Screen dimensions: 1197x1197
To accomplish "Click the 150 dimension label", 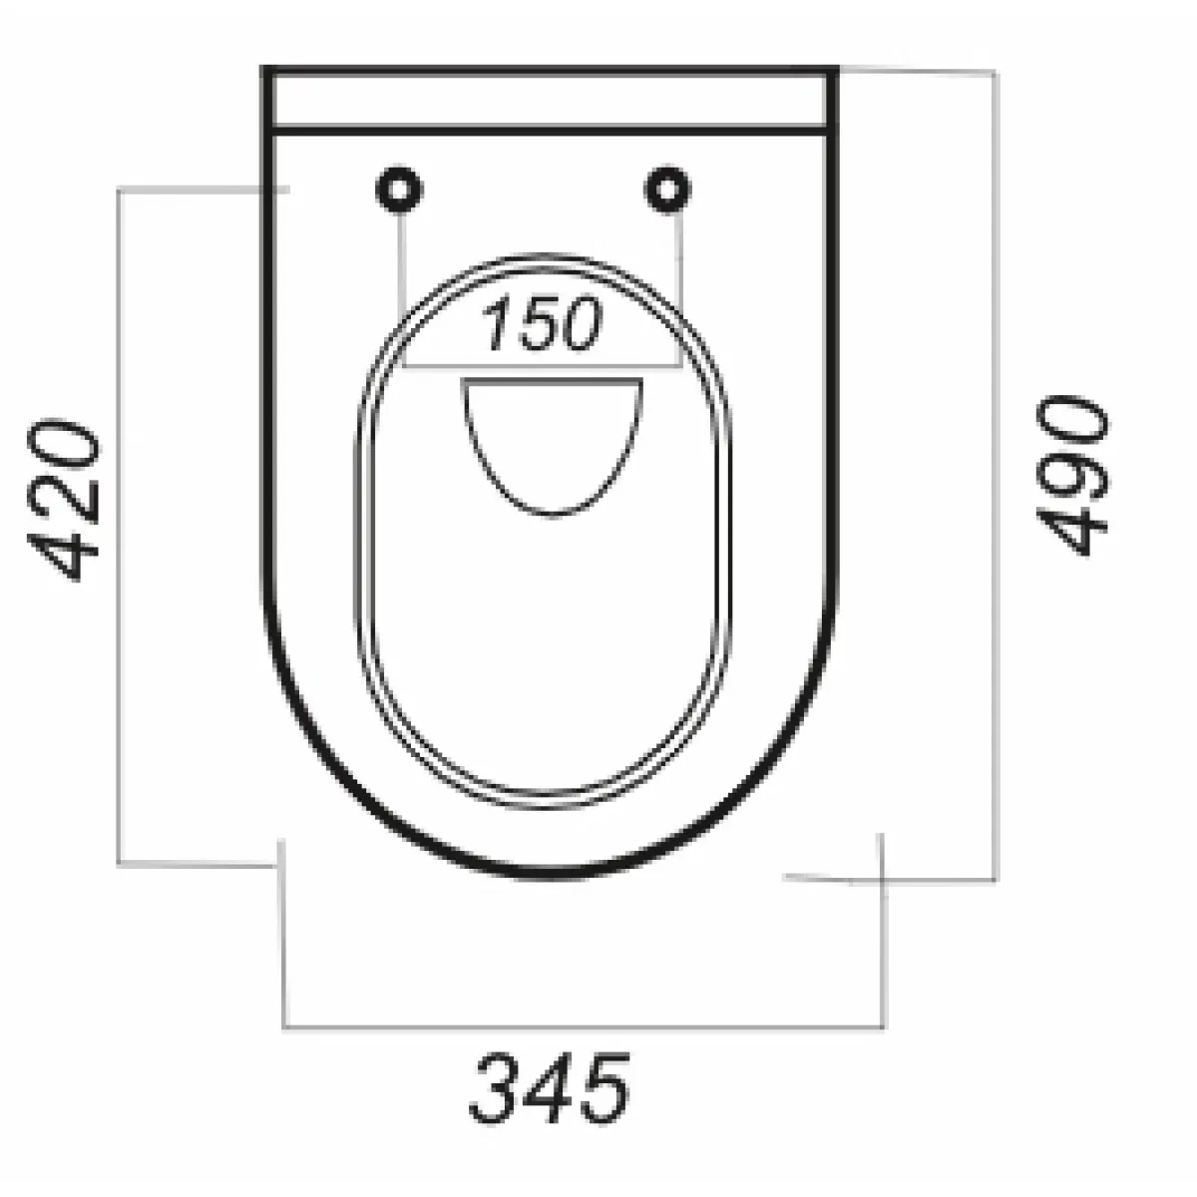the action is (x=542, y=323).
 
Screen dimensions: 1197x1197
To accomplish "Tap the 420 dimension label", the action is (x=63, y=500).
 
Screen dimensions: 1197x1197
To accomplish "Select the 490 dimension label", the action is (x=1072, y=475).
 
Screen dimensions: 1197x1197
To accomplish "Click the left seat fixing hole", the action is (x=399, y=189).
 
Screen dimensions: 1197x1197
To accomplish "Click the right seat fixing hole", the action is (x=667, y=189).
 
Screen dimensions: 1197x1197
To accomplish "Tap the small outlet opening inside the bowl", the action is (x=552, y=446).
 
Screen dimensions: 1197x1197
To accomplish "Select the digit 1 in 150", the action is (x=497, y=323).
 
